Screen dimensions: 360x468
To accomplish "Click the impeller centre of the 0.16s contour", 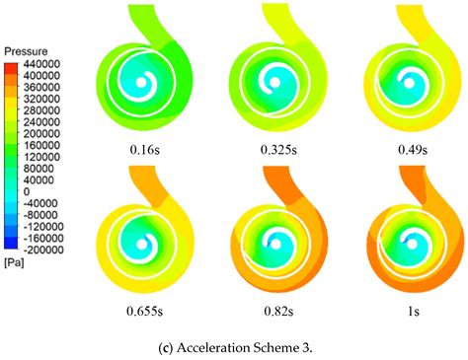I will (x=141, y=85).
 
